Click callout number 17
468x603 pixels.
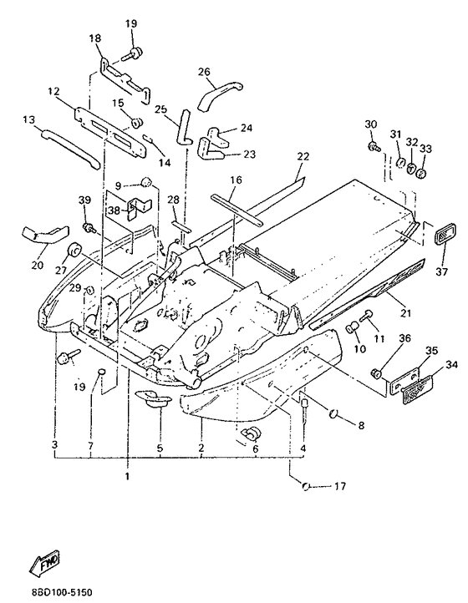[340, 486]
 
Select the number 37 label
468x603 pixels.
[442, 272]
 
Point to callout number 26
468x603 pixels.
[205, 72]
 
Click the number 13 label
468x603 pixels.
[28, 119]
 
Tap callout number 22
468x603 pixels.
[303, 156]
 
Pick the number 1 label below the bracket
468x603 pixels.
[127, 477]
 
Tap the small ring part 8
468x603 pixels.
[333, 413]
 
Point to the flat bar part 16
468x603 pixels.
[237, 210]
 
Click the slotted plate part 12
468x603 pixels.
[110, 132]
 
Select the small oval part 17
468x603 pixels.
[307, 486]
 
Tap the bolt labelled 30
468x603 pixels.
[374, 146]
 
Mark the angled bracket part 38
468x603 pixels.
[138, 208]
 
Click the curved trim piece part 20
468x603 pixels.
[44, 235]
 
